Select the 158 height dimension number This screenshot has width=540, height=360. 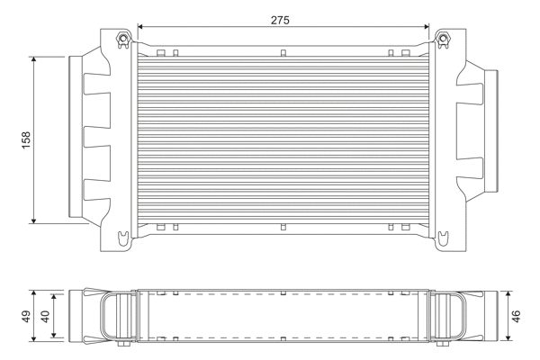26,139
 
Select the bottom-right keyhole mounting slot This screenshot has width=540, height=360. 442,238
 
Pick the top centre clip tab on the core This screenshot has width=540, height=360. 283,52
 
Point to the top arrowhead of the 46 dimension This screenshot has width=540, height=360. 507,294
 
